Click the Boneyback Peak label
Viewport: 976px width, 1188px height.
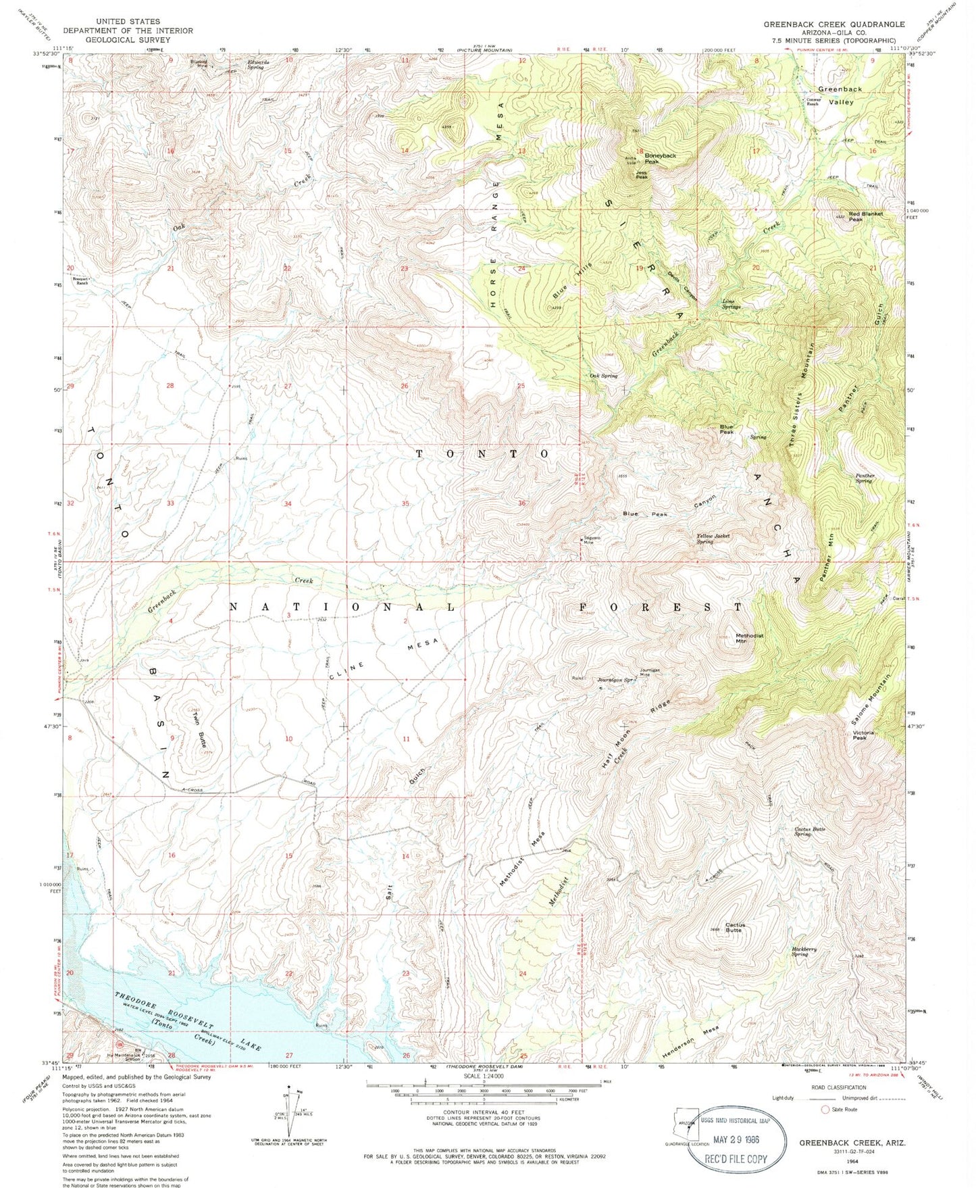pyautogui.click(x=641, y=159)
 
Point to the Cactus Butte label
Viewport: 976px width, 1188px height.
pyautogui.click(x=734, y=927)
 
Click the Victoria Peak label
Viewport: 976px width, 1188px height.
pyautogui.click(x=863, y=735)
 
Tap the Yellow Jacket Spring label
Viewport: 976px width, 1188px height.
pyautogui.click(x=714, y=539)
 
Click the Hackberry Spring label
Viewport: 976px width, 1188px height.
pyautogui.click(x=804, y=951)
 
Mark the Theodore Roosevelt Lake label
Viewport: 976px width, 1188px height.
pyautogui.click(x=188, y=1021)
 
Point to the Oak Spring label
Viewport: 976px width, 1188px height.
pyautogui.click(x=604, y=376)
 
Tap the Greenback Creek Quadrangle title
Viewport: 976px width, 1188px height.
pyautogui.click(x=834, y=24)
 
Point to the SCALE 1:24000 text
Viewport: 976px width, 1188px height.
pyautogui.click(x=483, y=1077)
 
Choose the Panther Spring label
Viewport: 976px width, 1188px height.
pyautogui.click(x=865, y=478)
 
